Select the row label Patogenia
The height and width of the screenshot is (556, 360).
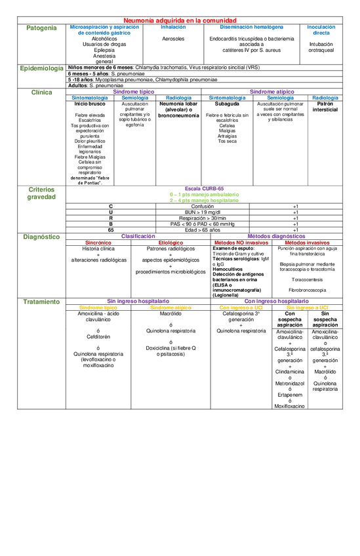(x=41, y=28)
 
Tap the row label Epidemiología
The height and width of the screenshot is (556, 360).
(x=42, y=68)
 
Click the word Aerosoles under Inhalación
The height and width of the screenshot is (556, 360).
(x=173, y=39)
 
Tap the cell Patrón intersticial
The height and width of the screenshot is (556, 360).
(x=325, y=107)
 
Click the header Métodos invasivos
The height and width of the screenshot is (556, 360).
(x=308, y=243)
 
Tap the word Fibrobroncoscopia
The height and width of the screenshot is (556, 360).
(x=308, y=289)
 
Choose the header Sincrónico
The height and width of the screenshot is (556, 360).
(x=98, y=243)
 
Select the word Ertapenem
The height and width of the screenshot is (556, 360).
(x=290, y=395)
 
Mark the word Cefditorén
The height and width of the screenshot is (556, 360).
(x=98, y=336)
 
